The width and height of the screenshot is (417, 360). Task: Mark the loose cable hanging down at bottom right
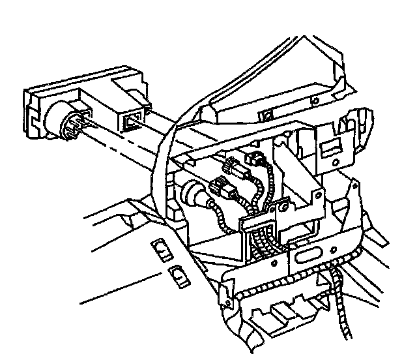341,307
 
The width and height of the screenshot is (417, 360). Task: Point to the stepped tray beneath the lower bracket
287,313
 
